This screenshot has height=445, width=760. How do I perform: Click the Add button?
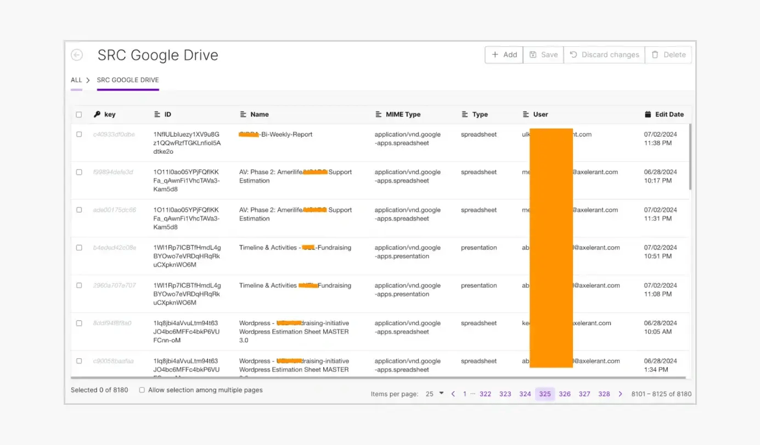(504, 55)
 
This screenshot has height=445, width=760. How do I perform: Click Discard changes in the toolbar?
(604, 55)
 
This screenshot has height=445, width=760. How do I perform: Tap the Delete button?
(668, 55)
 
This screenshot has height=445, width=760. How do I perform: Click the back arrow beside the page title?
(77, 55)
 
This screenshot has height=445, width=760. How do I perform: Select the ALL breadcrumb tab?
(76, 80)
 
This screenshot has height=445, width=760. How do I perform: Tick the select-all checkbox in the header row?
(79, 115)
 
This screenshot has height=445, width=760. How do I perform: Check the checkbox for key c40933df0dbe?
(79, 135)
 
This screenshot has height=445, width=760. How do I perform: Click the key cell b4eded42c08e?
(114, 248)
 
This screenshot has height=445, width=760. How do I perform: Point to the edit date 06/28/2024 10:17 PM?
(660, 176)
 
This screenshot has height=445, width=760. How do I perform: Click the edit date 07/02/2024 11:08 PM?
(660, 290)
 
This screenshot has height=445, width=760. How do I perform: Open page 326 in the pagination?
(565, 394)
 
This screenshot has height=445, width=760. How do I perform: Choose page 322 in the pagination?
(485, 394)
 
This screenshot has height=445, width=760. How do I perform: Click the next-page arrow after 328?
(621, 394)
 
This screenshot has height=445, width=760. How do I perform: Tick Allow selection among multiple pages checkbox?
(142, 390)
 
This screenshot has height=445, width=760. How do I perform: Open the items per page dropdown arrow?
(441, 393)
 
